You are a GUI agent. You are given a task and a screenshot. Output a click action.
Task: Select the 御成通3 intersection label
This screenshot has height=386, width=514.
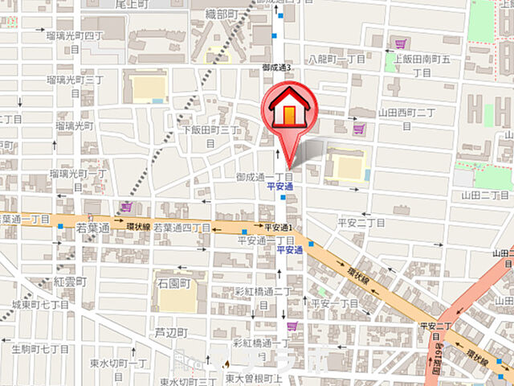click(277, 68)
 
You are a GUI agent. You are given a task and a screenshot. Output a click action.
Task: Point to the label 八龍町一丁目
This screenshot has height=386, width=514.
click(337, 60)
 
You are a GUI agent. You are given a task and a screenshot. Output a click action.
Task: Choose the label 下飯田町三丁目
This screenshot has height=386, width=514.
click(210, 135)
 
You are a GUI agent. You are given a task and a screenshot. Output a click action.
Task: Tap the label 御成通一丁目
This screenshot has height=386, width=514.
click(264, 176)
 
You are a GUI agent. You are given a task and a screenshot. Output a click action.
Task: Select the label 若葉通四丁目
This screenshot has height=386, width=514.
click(182, 228)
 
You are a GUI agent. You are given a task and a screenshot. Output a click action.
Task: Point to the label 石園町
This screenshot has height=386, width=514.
click(173, 284)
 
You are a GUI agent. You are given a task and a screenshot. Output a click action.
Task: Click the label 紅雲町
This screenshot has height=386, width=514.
click(70, 282)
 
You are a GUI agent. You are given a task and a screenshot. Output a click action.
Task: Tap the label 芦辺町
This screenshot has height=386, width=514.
click(171, 332)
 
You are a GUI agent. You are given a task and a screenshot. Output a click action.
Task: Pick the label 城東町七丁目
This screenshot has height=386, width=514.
click(40, 306)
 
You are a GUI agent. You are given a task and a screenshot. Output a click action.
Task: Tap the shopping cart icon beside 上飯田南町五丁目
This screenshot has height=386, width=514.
click(400, 43)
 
